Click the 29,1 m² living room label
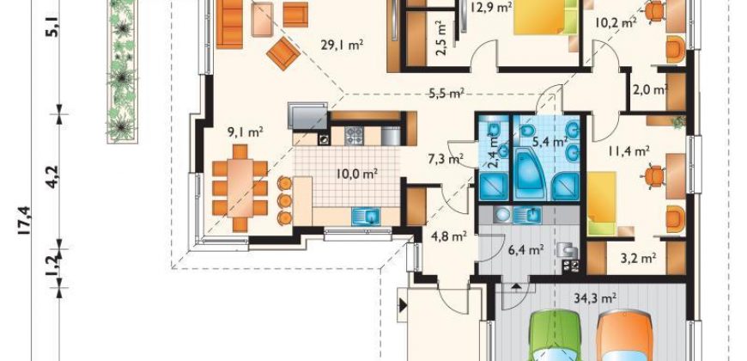click(x=342, y=46)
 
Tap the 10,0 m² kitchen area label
click(x=357, y=174)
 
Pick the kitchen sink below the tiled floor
click(x=366, y=216)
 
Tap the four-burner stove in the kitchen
click(x=354, y=136)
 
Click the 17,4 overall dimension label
click(x=25, y=220)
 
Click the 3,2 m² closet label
click(x=638, y=258)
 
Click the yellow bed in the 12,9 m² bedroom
click(x=541, y=16)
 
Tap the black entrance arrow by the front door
click(x=403, y=305)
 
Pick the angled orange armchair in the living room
click(x=283, y=53)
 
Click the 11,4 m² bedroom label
click(x=629, y=151)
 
